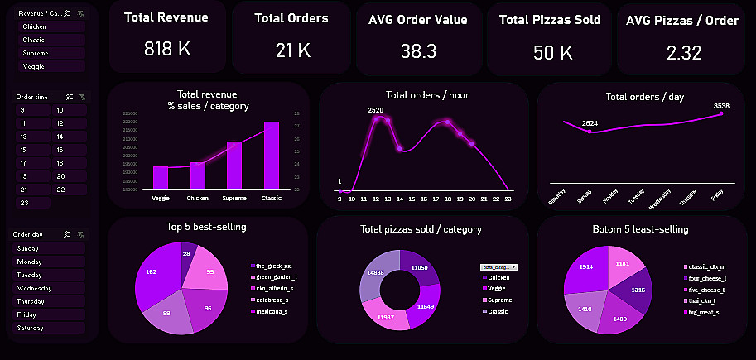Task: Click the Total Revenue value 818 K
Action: tap(167, 50)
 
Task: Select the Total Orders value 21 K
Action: tap(292, 50)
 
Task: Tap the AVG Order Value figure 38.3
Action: tap(417, 51)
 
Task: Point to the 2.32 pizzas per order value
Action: tap(684, 53)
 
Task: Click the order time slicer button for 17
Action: tap(24, 163)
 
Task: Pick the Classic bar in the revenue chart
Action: tap(271, 156)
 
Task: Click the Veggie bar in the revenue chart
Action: tap(161, 177)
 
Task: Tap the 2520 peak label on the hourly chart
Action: tap(376, 109)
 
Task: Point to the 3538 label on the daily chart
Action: tap(721, 106)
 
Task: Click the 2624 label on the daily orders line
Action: tap(590, 123)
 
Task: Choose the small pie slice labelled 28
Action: tap(186, 254)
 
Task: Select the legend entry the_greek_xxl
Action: tap(273, 266)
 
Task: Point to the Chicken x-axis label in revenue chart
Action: tap(197, 199)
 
